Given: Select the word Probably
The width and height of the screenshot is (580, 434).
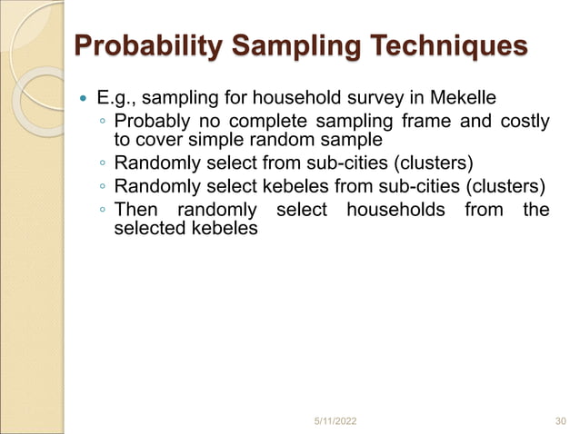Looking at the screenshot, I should (150, 123).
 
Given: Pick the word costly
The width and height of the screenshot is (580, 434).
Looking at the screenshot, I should (522, 123).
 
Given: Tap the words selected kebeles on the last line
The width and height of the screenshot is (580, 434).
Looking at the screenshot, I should (185, 229).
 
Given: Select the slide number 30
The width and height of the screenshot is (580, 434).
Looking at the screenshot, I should (560, 419).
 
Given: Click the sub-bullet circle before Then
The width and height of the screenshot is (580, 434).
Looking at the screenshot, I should (103, 212).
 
